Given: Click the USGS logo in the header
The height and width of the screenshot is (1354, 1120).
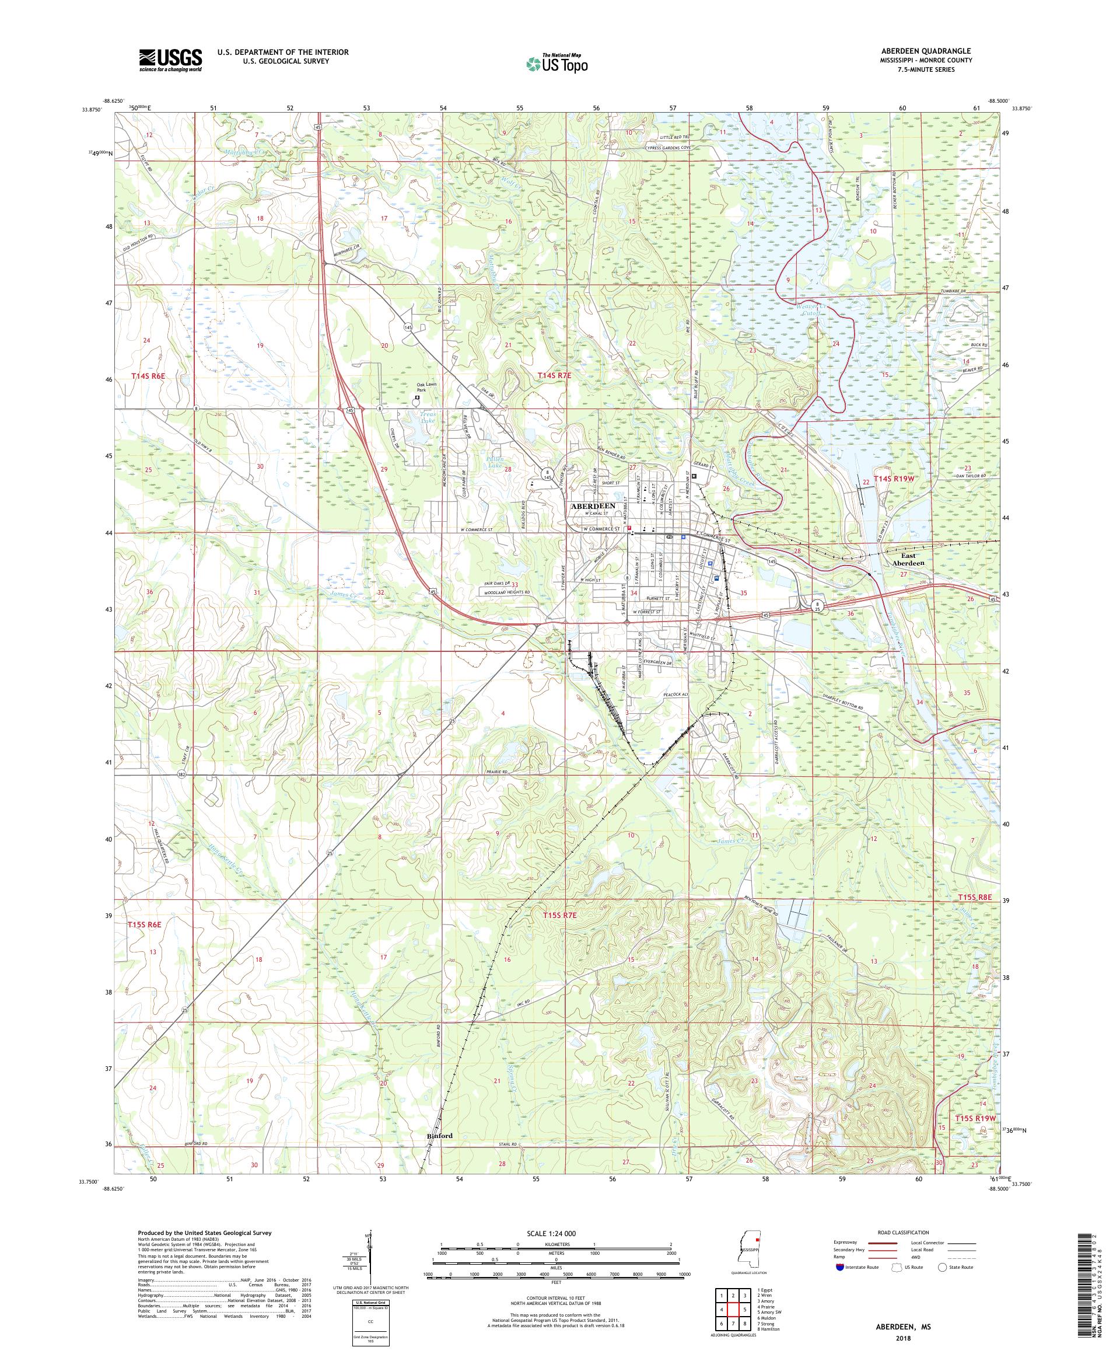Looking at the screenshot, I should pyautogui.click(x=170, y=60).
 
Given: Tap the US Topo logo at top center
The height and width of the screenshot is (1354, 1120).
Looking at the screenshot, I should pyautogui.click(x=558, y=63).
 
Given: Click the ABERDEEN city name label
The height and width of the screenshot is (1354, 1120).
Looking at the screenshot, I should pyautogui.click(x=592, y=506).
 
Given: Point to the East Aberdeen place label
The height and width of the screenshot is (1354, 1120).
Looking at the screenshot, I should pyautogui.click(x=908, y=559).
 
